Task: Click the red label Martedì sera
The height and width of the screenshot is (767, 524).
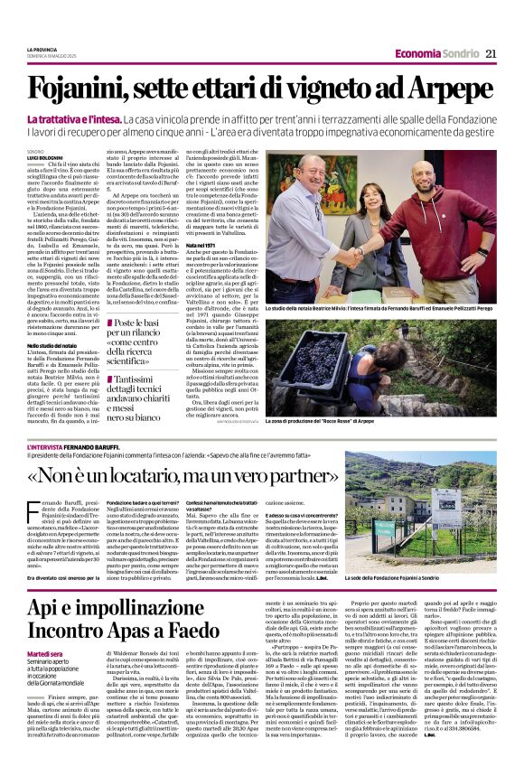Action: [x=44, y=653]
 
